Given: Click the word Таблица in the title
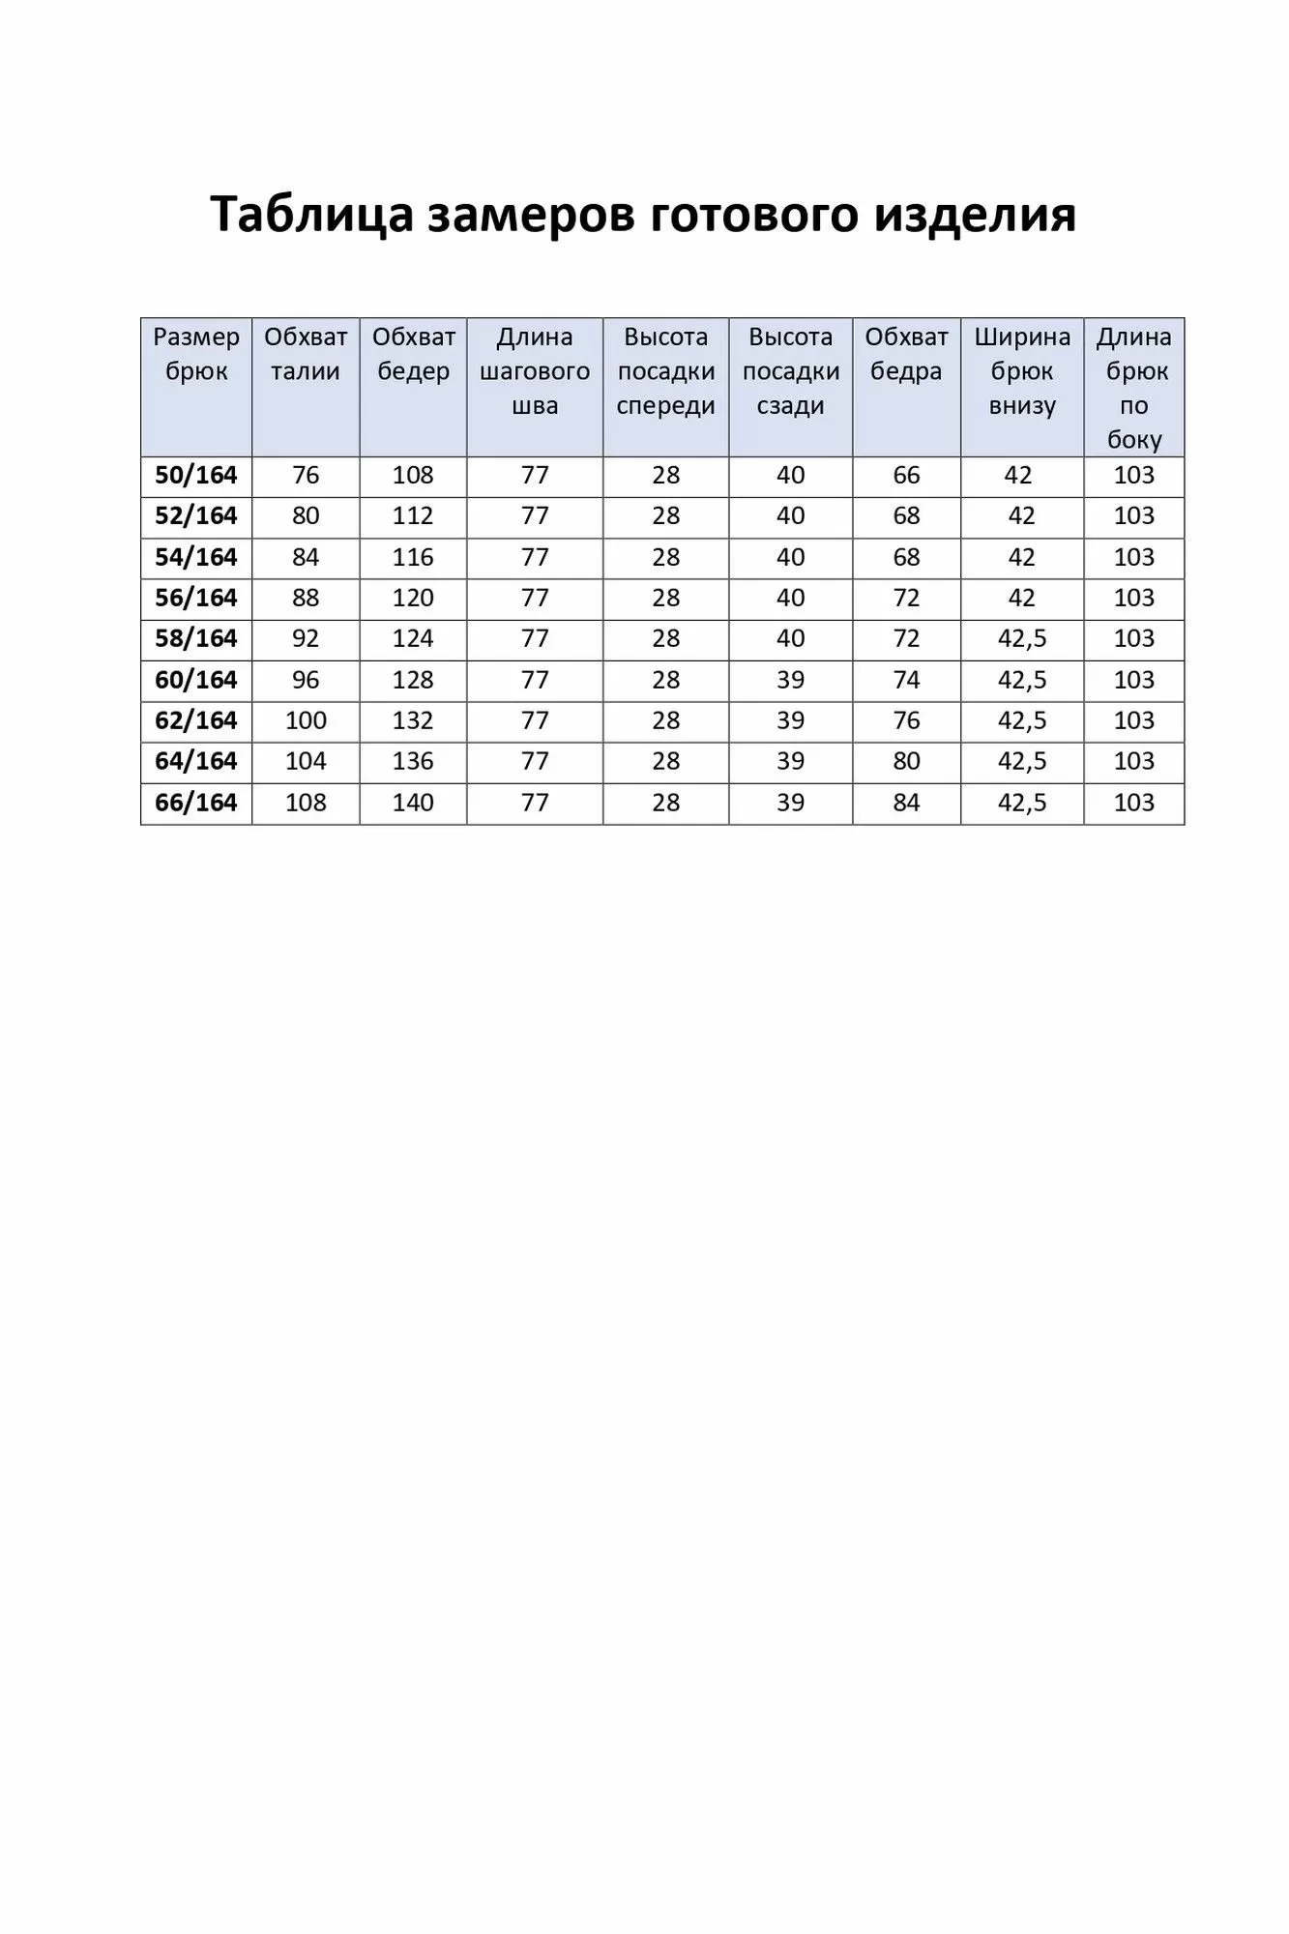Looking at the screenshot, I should pos(310,215).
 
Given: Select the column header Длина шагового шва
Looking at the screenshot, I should pos(535,371).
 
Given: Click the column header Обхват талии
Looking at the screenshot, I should pos(306,354).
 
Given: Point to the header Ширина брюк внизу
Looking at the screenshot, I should pos(1022,371).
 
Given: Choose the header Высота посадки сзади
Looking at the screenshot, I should pos(790,371).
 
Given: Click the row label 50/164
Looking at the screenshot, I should pos(196,476).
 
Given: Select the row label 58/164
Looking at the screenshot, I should pos(196,639).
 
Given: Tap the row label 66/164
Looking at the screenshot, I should pos(196,803).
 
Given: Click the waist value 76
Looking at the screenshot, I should pos(306,476).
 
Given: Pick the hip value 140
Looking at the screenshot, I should pos(413,803).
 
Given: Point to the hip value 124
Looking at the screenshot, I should pos(413,639).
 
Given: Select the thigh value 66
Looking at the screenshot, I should pos(906,476).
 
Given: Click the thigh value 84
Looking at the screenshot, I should pos(906,803).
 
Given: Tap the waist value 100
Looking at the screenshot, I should pos(306,720).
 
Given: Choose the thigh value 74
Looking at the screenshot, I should pos(906,680).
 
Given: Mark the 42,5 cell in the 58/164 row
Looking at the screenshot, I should pos(1022,639).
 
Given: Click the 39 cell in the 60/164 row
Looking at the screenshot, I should pos(790,680).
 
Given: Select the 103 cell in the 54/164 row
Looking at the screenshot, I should pos(1133,557).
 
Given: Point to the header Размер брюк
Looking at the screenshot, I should pos(196,354).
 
